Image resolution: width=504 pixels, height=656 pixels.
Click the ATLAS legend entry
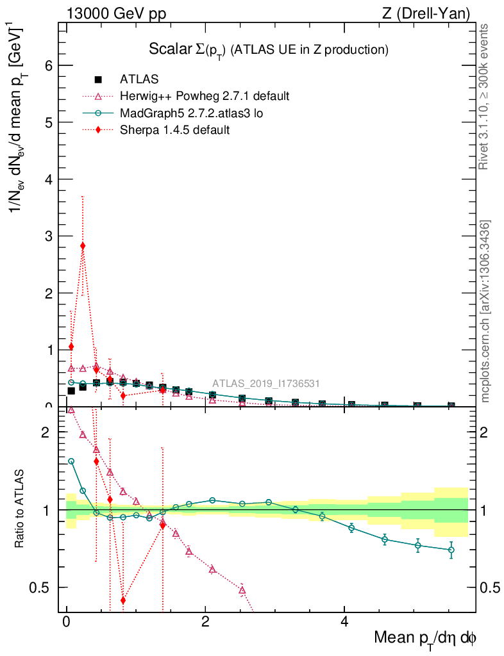click(139, 79)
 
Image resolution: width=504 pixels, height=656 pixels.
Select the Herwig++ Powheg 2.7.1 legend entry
click(205, 96)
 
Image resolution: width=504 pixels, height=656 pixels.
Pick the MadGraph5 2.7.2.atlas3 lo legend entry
click(191, 113)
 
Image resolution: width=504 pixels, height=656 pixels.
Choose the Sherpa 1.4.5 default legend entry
click(174, 130)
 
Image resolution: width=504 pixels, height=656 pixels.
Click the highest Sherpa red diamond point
click(83, 246)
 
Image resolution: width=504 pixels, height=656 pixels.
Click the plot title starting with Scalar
click(269, 49)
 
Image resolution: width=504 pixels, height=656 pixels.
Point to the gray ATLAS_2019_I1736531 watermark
click(266, 384)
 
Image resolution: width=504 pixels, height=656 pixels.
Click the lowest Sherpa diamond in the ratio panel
click(123, 600)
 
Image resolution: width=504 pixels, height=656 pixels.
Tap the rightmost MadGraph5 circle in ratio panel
click(451, 550)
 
